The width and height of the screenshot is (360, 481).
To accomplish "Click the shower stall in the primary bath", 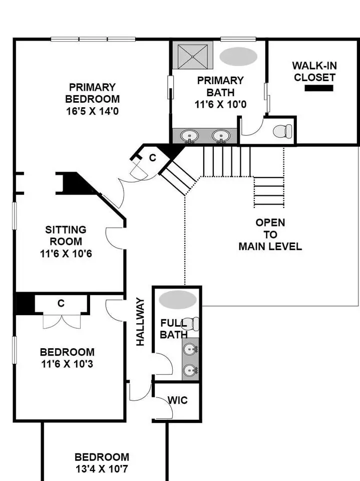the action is [193, 56].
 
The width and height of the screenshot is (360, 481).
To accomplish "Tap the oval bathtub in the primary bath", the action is [238, 57].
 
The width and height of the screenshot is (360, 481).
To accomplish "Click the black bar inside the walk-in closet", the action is [319, 88].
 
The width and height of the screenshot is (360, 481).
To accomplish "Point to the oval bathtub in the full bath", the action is [178, 300].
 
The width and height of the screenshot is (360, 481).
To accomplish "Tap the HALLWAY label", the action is [140, 322].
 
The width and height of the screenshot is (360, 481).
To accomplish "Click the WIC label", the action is [178, 400].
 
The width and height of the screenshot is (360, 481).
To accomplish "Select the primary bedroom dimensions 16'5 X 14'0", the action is [92, 111].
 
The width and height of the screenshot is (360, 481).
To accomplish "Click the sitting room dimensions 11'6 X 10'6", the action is [66, 254].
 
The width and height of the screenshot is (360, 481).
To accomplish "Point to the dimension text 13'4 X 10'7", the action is [102, 469].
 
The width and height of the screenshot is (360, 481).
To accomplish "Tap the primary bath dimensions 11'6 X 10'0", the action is [220, 105].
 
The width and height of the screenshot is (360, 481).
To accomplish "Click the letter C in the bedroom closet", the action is [61, 304].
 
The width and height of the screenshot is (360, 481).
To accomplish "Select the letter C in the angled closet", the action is [153, 158].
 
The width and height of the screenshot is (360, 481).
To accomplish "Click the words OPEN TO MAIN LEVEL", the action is [270, 234].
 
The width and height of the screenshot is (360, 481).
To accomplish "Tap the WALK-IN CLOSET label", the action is [314, 72].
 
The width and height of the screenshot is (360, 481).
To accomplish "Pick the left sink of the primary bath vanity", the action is [190, 136].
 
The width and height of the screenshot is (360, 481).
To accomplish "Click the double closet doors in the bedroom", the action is [62, 321].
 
